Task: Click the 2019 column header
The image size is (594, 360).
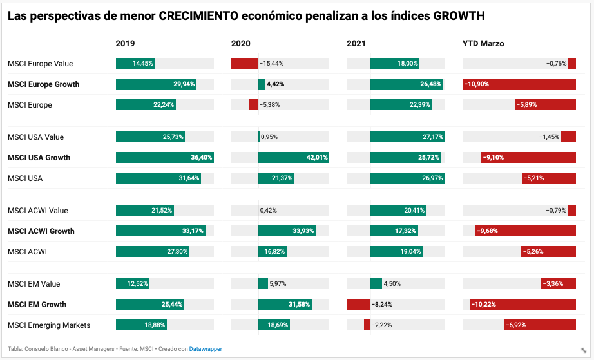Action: click(x=126, y=43)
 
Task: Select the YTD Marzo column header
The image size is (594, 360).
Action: click(x=483, y=43)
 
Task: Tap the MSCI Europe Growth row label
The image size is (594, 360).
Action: click(x=43, y=84)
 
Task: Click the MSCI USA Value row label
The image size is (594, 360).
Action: click(x=35, y=137)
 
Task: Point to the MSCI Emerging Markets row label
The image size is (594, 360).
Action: click(x=49, y=325)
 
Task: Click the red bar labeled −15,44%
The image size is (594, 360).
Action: click(x=244, y=64)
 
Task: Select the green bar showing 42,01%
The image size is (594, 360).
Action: click(x=293, y=158)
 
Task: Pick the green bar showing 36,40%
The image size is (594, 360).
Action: click(x=164, y=158)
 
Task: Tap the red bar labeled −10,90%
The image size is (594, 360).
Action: click(x=519, y=84)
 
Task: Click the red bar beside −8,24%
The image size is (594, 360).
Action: click(x=358, y=305)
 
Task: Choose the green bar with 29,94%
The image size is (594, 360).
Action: click(x=156, y=84)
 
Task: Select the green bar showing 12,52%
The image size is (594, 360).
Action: click(x=133, y=284)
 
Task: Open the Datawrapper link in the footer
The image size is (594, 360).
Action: click(x=206, y=349)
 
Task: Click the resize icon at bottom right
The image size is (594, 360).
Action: click(x=583, y=350)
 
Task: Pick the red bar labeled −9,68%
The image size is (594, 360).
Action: click(x=525, y=231)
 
